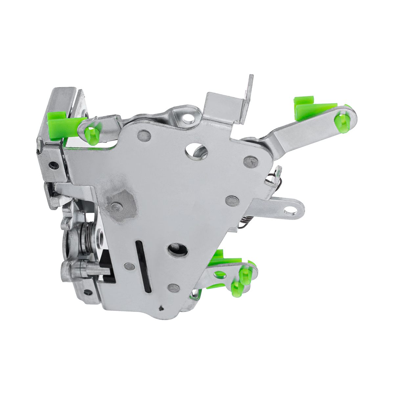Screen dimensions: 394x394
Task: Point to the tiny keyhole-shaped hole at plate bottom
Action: (x=161, y=308)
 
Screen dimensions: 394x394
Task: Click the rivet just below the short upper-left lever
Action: (x=143, y=135)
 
